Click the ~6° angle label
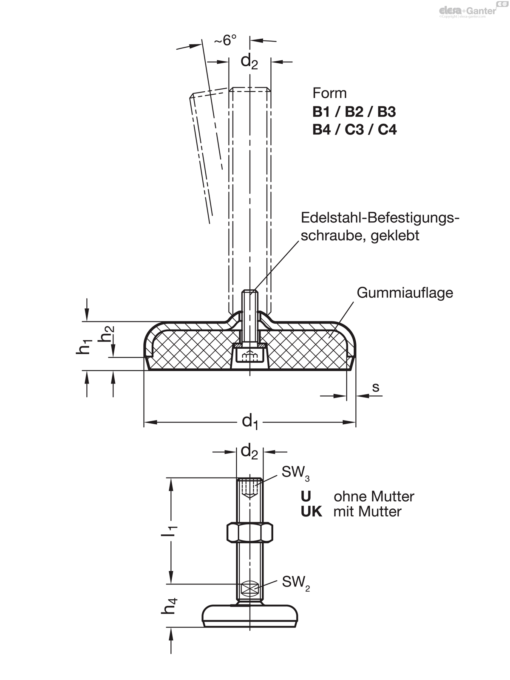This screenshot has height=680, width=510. coord(225,40)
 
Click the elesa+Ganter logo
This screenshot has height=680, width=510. coord(468,11)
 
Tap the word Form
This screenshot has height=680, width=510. coord(329,93)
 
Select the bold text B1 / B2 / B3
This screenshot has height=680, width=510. coord(354,112)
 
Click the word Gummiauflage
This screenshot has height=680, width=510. coord(405,293)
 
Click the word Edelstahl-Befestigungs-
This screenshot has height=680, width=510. coord(380,218)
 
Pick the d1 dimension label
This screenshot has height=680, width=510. coord(249,422)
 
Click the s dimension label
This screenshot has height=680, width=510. coord(376,387)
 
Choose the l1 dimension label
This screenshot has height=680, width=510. coord(172,530)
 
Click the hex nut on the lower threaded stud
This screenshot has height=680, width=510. coord(250,533)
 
